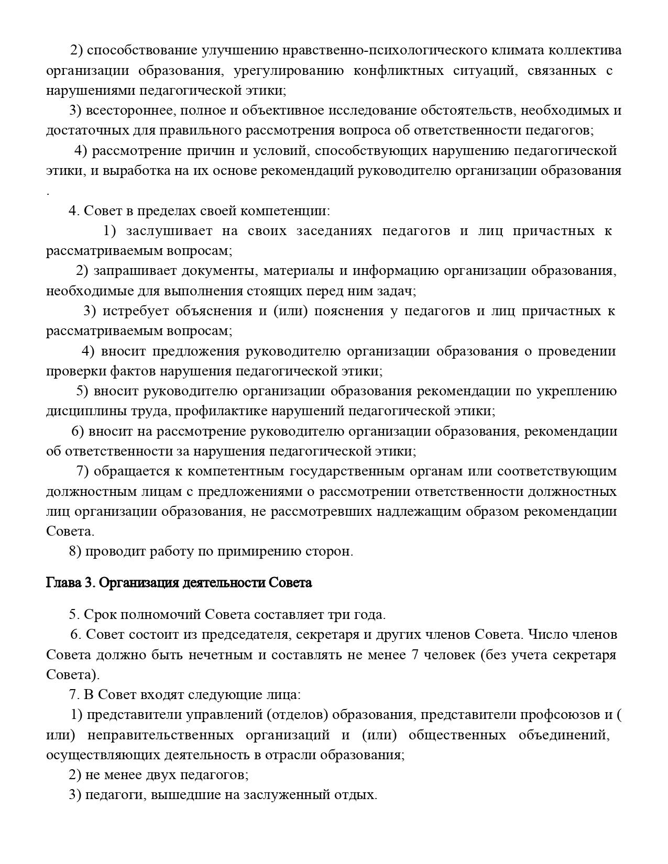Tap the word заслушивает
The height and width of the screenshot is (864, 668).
(169, 231)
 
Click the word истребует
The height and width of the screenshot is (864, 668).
(135, 311)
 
